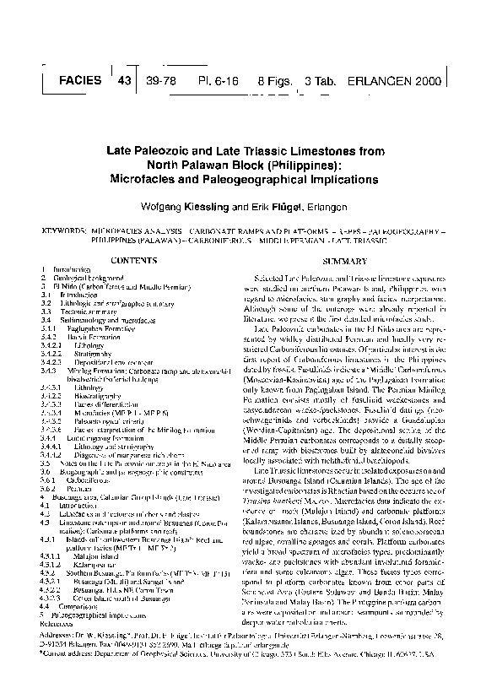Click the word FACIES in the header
coord(82,84)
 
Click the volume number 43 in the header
coord(126,82)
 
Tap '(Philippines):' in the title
coord(294,165)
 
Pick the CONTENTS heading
coord(134,263)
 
